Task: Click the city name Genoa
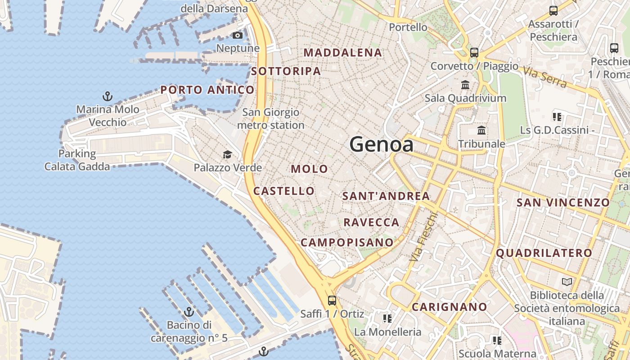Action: [382, 144]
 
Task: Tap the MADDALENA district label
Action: [343, 53]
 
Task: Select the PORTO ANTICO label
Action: [207, 90]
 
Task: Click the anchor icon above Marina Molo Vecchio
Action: [108, 96]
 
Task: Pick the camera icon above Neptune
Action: [238, 35]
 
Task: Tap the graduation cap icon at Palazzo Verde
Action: [227, 155]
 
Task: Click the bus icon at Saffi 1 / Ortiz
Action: [332, 300]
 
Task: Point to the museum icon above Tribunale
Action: [481, 130]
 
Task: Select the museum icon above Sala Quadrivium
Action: [465, 85]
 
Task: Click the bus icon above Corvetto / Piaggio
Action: [474, 52]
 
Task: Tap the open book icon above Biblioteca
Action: [567, 282]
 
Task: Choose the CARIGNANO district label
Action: [450, 307]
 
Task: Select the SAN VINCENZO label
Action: [563, 202]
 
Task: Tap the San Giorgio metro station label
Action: [270, 118]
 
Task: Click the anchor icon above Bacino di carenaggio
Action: [189, 311]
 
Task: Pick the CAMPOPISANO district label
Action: [347, 242]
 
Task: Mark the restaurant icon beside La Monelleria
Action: [387, 319]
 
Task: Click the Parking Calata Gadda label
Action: [77, 160]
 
